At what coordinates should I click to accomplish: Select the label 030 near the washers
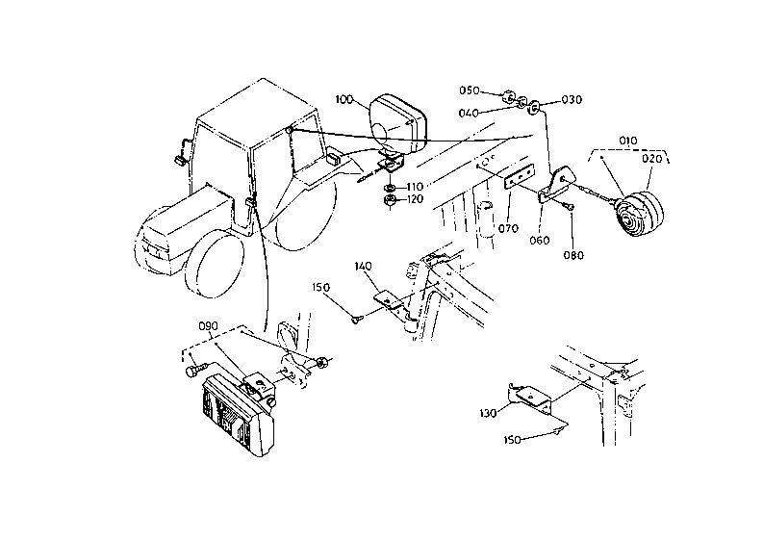[572, 99]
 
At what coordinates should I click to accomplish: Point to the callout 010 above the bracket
[628, 141]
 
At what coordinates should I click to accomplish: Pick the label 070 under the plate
[509, 230]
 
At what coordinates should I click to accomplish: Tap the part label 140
[364, 265]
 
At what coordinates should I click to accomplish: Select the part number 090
[209, 325]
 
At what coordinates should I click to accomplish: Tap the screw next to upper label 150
[356, 319]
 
